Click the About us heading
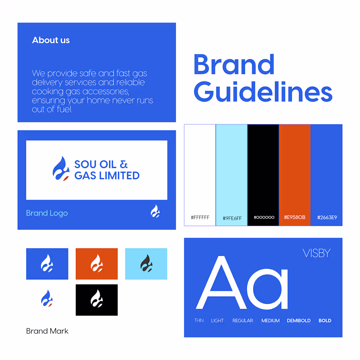coord(51,40)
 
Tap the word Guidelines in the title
coord(263,92)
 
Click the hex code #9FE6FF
coord(232,218)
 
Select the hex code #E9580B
coord(295,217)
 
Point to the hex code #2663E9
coord(327,217)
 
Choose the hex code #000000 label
coord(264,217)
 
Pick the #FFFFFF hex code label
coord(200,217)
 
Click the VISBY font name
coord(316,253)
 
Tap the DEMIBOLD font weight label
coord(298,321)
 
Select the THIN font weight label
coord(199,321)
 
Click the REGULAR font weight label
coord(243,321)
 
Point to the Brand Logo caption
coord(47,213)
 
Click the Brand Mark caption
coord(47,331)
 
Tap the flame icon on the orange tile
coord(97,264)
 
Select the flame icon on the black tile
coord(97,299)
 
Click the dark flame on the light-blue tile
coord(146,263)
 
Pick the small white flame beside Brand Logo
coord(155,211)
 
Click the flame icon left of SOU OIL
coord(61,169)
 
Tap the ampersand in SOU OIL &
coord(124,164)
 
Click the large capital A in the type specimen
coord(221,283)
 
